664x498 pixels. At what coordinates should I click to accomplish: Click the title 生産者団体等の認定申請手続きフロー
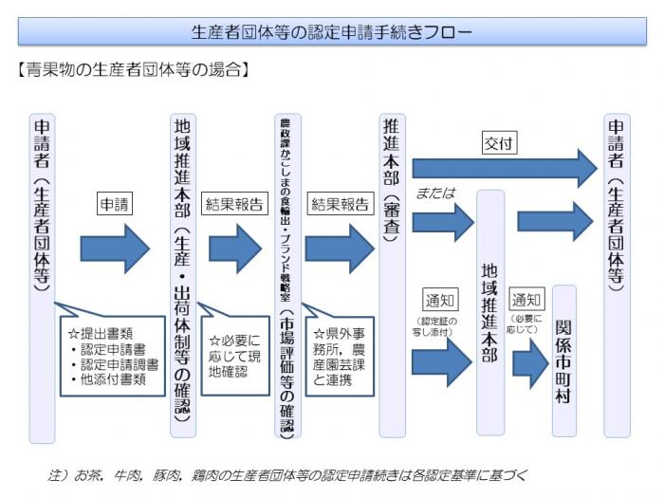click(332, 31)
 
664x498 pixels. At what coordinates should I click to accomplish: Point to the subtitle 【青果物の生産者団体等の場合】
click(134, 68)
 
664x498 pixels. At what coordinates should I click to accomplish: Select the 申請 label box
click(115, 203)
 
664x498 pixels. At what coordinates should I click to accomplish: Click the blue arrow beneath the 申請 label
click(115, 249)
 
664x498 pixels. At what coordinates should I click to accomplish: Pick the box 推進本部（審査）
click(392, 275)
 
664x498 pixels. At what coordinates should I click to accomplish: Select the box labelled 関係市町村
click(563, 360)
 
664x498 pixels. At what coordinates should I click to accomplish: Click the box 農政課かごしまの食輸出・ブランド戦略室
click(286, 275)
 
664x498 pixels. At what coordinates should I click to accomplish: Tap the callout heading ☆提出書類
click(98, 335)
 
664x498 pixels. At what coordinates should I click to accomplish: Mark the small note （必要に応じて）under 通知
click(527, 323)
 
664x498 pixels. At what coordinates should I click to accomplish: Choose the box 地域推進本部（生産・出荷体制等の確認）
click(183, 275)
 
